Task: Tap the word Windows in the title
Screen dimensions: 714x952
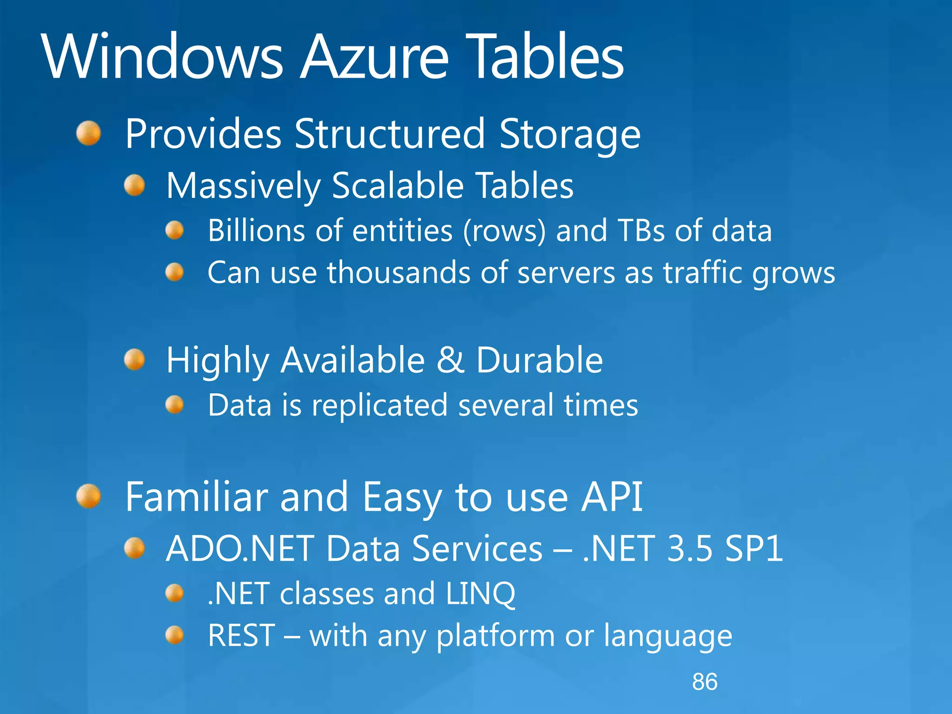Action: point(162,57)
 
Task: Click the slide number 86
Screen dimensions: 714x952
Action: point(705,682)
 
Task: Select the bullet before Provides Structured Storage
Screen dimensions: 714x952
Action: point(89,133)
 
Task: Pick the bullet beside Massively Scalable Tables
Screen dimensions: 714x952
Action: point(135,185)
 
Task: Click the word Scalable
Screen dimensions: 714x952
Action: point(398,185)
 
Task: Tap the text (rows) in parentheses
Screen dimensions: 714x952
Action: point(504,231)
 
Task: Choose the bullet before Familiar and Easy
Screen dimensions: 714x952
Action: point(89,496)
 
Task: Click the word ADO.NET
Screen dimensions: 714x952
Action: point(240,549)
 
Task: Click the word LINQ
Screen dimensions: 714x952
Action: point(480,594)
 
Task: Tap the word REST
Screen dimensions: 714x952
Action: point(241,635)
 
